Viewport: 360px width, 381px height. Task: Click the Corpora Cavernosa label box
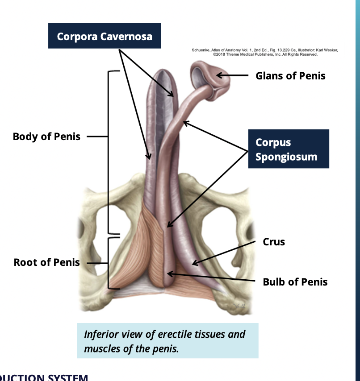[x=105, y=36]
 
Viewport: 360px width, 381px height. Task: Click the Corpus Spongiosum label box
[x=289, y=149]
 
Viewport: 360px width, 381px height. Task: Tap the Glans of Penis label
[x=290, y=76]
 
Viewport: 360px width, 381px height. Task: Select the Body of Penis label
[x=46, y=137]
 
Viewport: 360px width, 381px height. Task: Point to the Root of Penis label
[x=46, y=262]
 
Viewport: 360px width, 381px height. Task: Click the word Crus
[x=273, y=242]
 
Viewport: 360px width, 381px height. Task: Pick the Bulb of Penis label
[x=295, y=282]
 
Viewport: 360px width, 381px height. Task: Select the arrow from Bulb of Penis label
[x=210, y=277]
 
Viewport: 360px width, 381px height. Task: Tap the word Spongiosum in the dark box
[x=286, y=157]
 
